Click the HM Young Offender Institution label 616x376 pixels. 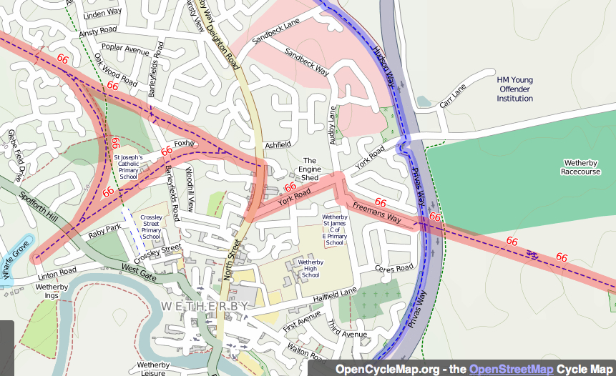click(514, 89)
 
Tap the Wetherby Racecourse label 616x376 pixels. click(581, 167)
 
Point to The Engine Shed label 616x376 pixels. click(310, 169)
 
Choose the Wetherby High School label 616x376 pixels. click(311, 269)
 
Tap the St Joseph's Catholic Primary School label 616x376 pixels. click(129, 167)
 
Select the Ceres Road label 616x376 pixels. click(394, 268)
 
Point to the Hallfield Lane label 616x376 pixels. click(334, 292)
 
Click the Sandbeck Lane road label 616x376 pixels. click(275, 32)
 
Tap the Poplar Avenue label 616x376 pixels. click(125, 50)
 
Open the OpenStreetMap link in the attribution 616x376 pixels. click(511, 369)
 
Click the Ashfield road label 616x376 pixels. click(278, 144)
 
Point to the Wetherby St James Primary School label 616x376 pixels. click(334, 229)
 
